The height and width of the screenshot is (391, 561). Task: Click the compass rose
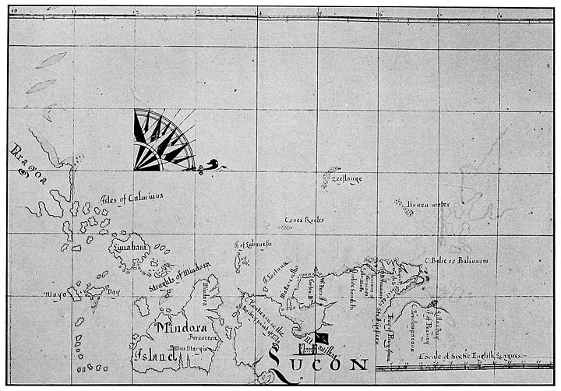click(161, 141)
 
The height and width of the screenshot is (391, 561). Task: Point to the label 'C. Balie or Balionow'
click(456, 260)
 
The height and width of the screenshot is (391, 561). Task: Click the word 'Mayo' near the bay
click(55, 295)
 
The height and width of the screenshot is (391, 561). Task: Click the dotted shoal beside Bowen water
click(403, 207)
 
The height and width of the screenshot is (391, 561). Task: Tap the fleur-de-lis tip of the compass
click(212, 164)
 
